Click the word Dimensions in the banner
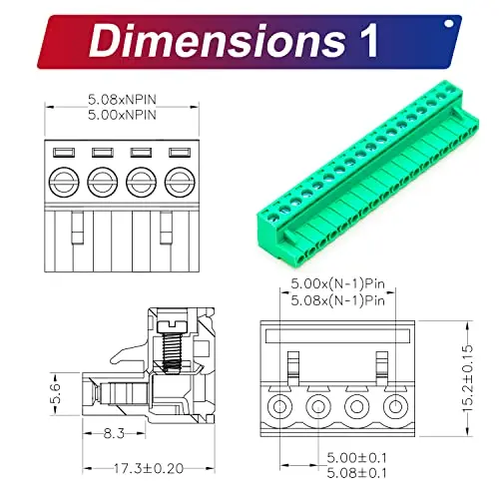point(218,41)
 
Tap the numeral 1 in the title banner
point(368,40)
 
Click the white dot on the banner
point(449,24)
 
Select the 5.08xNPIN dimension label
point(122,99)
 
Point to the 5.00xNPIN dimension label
point(122,115)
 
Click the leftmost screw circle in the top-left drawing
point(64,182)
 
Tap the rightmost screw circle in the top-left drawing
point(180,182)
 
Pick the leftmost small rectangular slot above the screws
point(64,153)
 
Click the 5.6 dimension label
point(56,393)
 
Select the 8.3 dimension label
point(114,433)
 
